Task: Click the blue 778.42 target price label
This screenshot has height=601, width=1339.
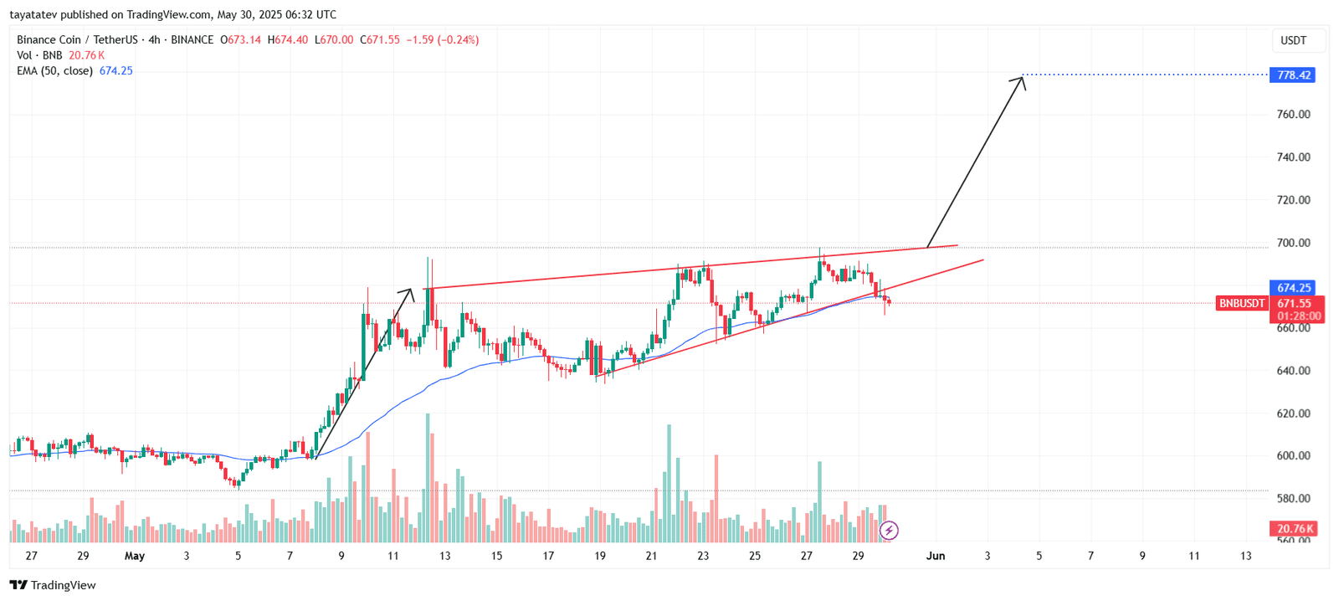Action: tap(1293, 75)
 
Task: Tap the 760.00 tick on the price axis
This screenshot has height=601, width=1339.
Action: tap(1293, 115)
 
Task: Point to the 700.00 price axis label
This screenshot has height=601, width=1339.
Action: tap(1293, 244)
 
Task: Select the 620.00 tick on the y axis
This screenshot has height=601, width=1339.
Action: tap(1293, 414)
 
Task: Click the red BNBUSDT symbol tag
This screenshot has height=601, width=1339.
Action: tap(1241, 303)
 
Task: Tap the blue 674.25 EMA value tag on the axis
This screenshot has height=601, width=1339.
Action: tap(1293, 288)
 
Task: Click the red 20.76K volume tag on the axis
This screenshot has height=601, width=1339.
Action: tap(1294, 529)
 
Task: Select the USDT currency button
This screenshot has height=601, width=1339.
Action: tap(1293, 40)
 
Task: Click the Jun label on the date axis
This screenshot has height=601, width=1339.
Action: tap(936, 556)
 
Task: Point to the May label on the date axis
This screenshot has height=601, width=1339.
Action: tap(134, 556)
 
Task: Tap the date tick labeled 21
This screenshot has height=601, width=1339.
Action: tap(651, 556)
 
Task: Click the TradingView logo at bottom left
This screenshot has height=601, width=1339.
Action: tap(53, 585)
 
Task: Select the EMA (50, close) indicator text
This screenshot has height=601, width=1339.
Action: tap(54, 71)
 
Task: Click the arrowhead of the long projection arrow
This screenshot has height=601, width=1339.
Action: tap(1021, 80)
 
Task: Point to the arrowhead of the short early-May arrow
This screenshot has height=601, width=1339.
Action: tap(409, 292)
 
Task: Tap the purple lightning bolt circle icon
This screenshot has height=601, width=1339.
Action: tap(889, 530)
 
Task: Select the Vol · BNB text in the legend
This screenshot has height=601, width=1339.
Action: tap(39, 55)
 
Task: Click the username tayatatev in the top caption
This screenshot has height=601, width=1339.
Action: tap(33, 14)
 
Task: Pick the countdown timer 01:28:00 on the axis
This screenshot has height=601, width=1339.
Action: tap(1299, 316)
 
